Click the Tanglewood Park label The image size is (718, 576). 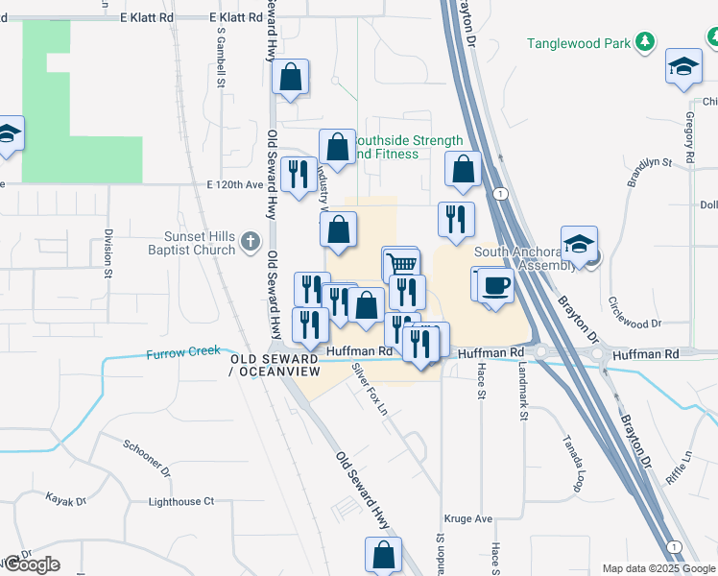tap(579, 43)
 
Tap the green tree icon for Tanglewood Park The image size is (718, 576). tap(646, 42)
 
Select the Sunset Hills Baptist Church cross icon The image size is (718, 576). tap(251, 242)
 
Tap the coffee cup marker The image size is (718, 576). tap(495, 286)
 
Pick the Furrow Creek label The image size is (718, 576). tap(181, 354)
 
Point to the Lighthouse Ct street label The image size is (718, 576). tap(181, 502)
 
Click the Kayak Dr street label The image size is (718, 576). tap(65, 499)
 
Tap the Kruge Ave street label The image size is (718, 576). tap(470, 518)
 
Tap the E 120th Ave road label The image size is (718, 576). tap(234, 184)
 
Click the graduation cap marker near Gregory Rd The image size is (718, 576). tap(683, 66)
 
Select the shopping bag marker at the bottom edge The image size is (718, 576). tap(383, 554)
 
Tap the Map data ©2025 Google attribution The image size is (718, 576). tap(658, 568)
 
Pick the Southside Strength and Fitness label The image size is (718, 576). tap(408, 147)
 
